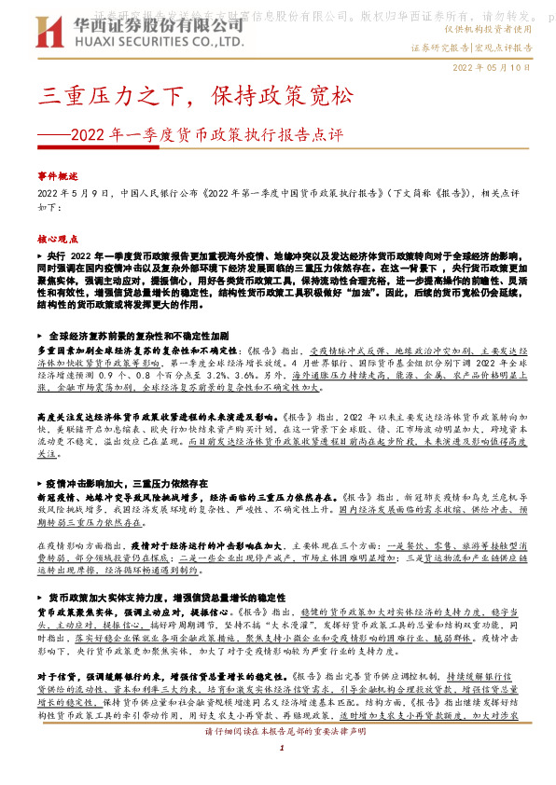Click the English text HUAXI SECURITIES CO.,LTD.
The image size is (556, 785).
pyautogui.click(x=155, y=42)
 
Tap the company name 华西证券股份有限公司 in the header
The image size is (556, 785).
pyautogui.click(x=155, y=26)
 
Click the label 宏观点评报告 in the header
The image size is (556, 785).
pyautogui.click(x=505, y=47)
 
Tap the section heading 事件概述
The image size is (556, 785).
pyautogui.click(x=58, y=175)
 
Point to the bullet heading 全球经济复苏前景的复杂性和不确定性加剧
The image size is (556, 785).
pyautogui.click(x=138, y=333)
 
